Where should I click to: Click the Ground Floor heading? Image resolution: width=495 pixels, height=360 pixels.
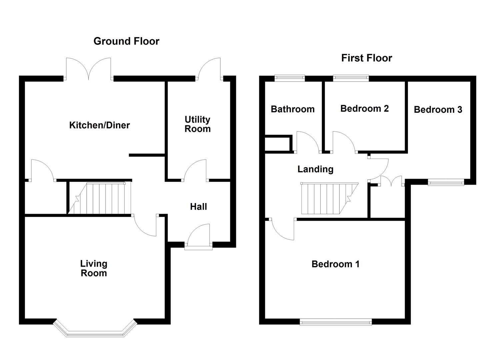[126, 41]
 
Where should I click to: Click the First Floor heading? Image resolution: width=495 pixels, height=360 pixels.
[366, 58]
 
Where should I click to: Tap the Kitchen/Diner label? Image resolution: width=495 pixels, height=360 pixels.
[99, 125]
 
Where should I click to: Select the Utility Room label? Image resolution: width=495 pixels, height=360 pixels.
[198, 124]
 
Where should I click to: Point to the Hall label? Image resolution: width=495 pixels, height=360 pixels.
[198, 207]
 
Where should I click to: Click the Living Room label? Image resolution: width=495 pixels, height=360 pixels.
[94, 268]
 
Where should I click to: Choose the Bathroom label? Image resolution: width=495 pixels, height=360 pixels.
[293, 109]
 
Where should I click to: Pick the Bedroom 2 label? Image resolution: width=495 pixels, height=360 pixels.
[364, 108]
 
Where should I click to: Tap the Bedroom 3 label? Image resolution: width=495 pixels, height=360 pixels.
[438, 109]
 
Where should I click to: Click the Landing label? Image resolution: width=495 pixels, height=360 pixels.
[315, 169]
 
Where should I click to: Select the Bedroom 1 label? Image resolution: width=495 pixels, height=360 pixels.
[335, 264]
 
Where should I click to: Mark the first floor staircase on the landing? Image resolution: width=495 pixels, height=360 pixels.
[328, 198]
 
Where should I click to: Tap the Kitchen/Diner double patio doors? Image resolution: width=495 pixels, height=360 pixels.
[88, 72]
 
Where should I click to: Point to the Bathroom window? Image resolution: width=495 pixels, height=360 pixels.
[290, 79]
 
